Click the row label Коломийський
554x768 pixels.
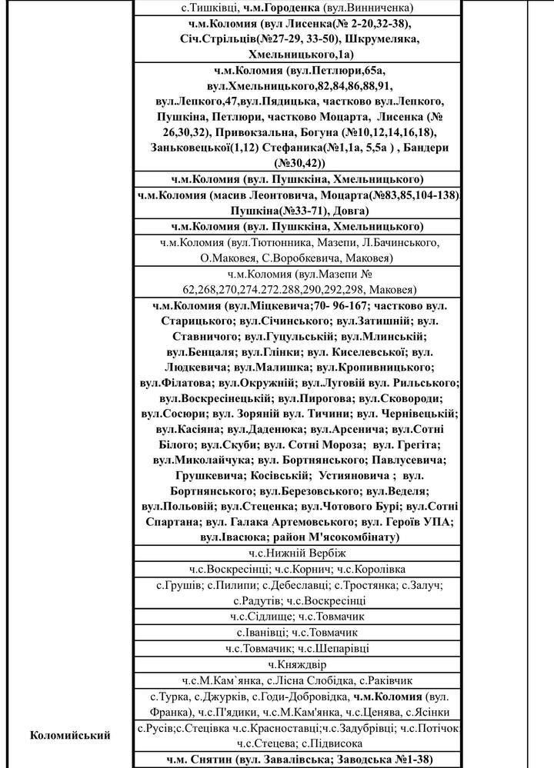tap(70, 735)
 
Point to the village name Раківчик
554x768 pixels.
tap(386, 680)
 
